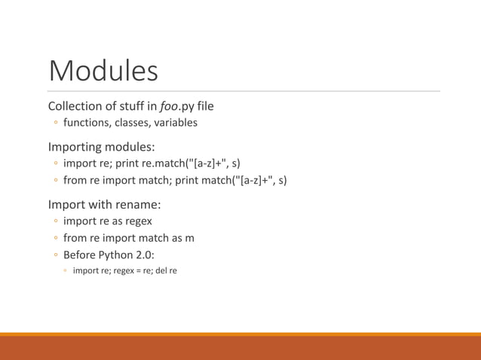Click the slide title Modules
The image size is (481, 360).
pyautogui.click(x=103, y=71)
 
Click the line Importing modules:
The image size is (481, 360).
pyautogui.click(x=101, y=145)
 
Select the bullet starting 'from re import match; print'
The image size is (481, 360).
pyautogui.click(x=174, y=181)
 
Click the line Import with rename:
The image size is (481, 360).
pyautogui.click(x=104, y=203)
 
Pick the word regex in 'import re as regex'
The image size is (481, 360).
pyautogui.click(x=139, y=221)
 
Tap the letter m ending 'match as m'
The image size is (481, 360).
pyautogui.click(x=190, y=238)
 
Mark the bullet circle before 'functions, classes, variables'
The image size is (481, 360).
pyautogui.click(x=56, y=123)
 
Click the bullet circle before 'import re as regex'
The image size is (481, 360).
pyautogui.click(x=56, y=221)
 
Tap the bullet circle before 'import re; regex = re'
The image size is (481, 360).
pyautogui.click(x=66, y=270)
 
